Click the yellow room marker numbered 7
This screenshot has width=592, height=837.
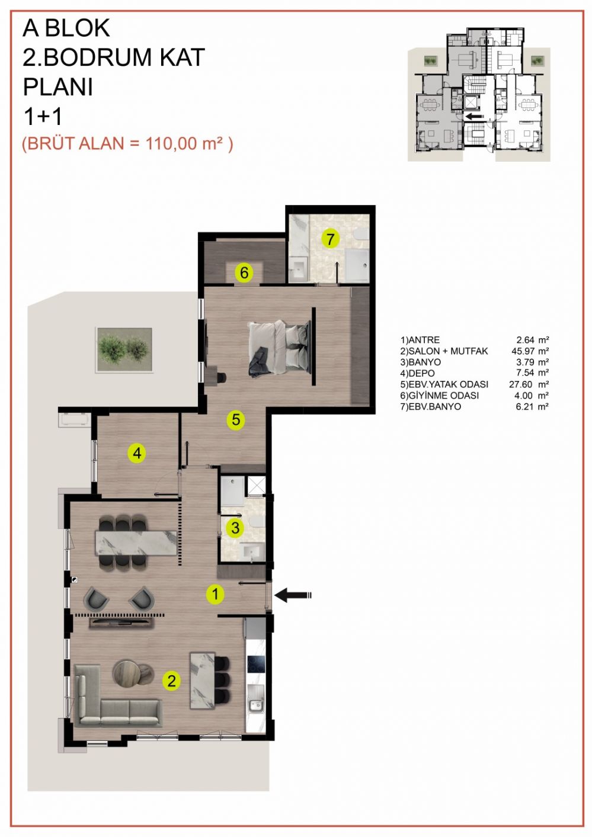[x=330, y=239]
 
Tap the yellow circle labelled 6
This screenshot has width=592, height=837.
[x=244, y=272]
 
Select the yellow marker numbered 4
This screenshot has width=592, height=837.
[x=137, y=453]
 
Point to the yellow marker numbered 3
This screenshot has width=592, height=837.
[x=235, y=528]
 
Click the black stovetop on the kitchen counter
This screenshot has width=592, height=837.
[x=256, y=664]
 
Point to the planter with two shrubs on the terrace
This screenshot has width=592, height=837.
[x=124, y=349]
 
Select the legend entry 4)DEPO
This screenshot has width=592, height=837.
[x=417, y=373]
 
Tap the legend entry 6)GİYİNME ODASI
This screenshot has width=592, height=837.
[x=440, y=395]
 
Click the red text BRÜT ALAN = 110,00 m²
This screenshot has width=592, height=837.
[x=127, y=144]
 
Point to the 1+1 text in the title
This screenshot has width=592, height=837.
[x=43, y=117]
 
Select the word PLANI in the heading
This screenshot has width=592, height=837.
[x=58, y=87]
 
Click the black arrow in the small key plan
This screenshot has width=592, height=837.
[x=474, y=116]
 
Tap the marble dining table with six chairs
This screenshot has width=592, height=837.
[x=136, y=543]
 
